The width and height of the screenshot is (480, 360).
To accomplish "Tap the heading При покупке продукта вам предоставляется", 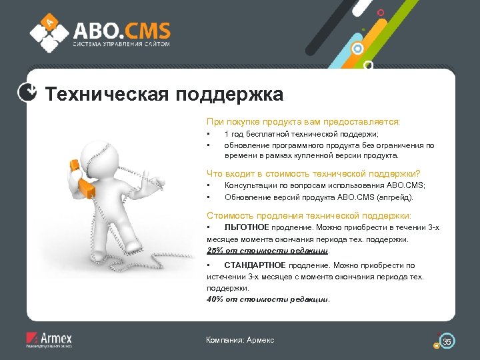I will pos(303,122).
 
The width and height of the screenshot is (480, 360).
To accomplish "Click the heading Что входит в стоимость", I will pos(313,173).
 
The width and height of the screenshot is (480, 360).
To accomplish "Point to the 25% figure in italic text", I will pos(215,251).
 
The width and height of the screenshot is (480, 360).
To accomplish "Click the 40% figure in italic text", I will pos(215,299).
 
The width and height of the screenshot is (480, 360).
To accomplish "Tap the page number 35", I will pos(447,342).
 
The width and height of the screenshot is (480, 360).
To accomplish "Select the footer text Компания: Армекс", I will pos(240,340).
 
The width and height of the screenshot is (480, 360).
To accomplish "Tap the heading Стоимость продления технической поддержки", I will pos(309,215).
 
